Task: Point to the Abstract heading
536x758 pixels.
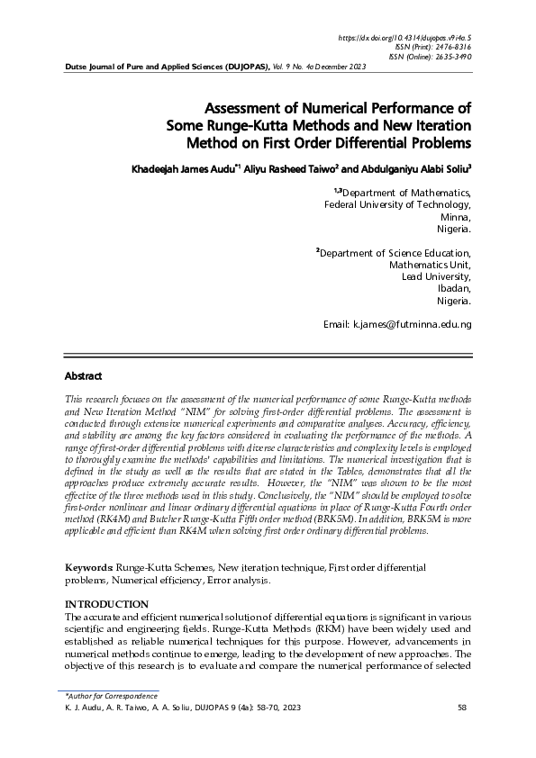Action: point(84,374)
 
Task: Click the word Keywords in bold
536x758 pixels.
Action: point(89,570)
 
